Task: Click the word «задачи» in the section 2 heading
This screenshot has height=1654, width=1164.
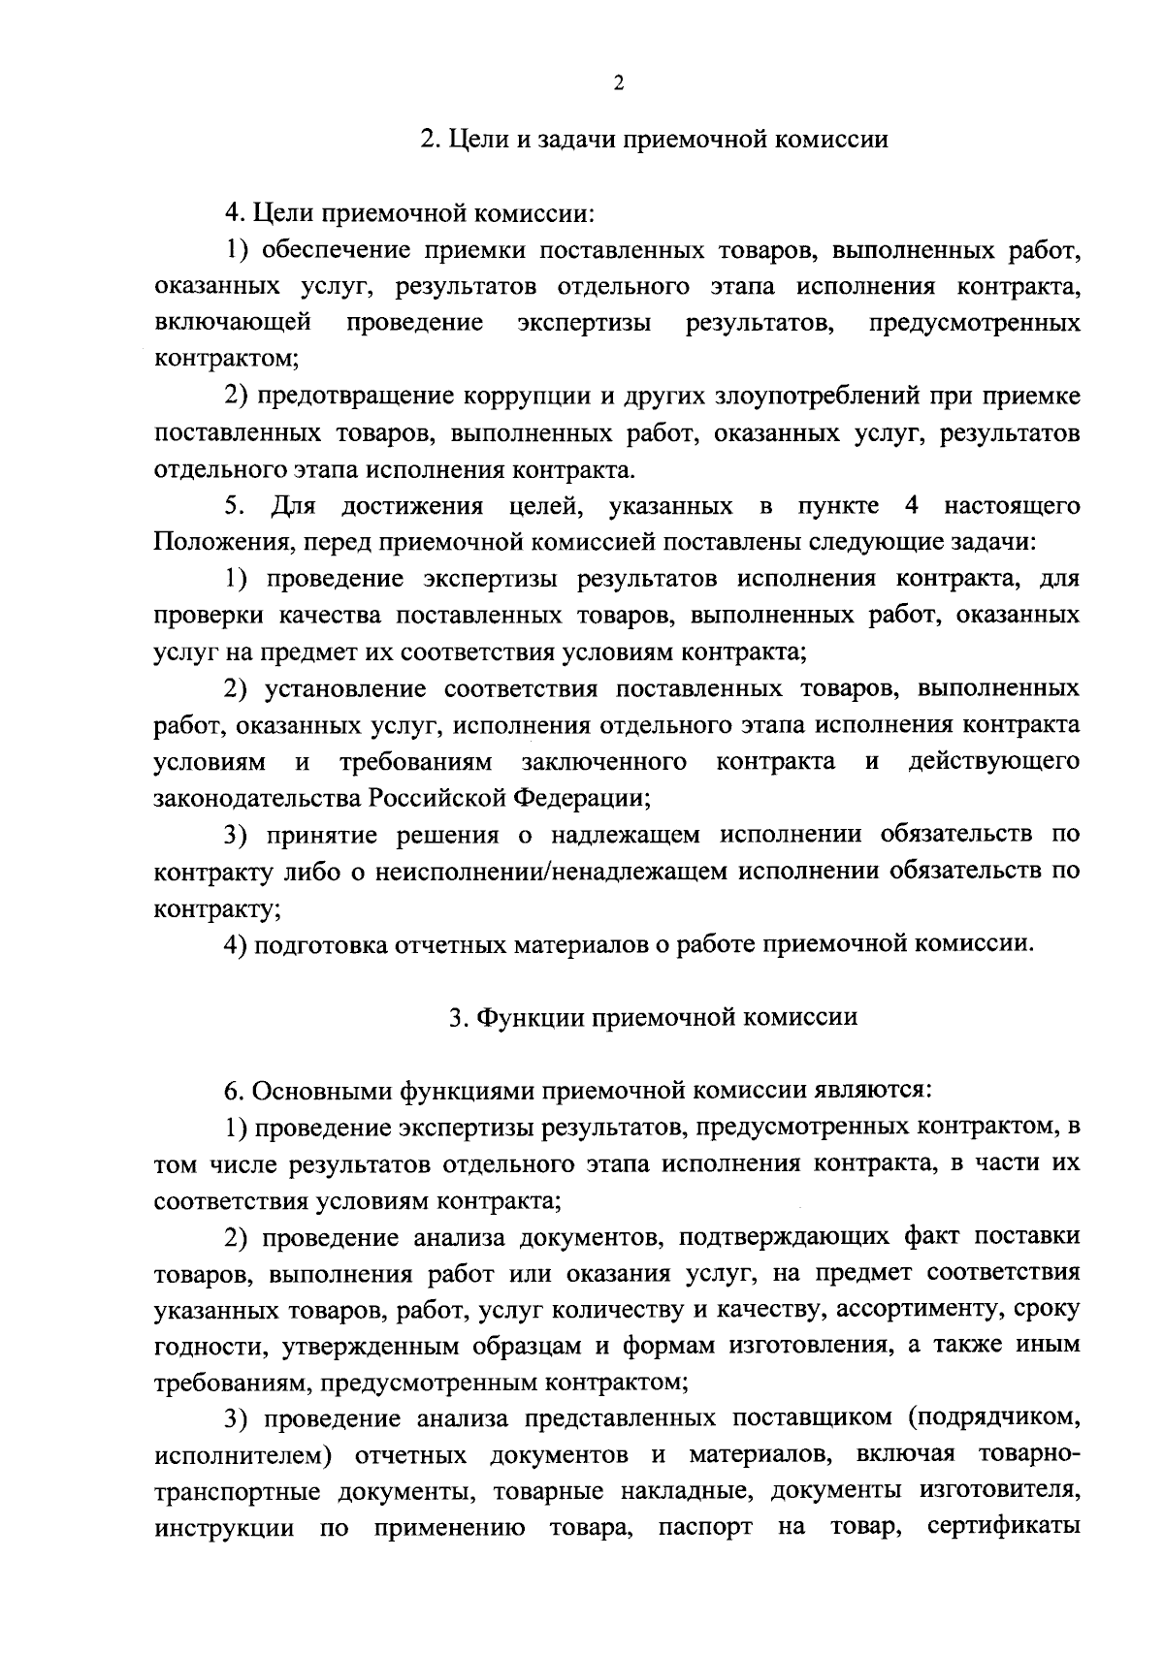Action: tap(571, 140)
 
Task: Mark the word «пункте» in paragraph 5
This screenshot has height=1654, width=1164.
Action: tap(839, 506)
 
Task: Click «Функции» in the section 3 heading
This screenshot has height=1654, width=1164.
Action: tap(526, 1018)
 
